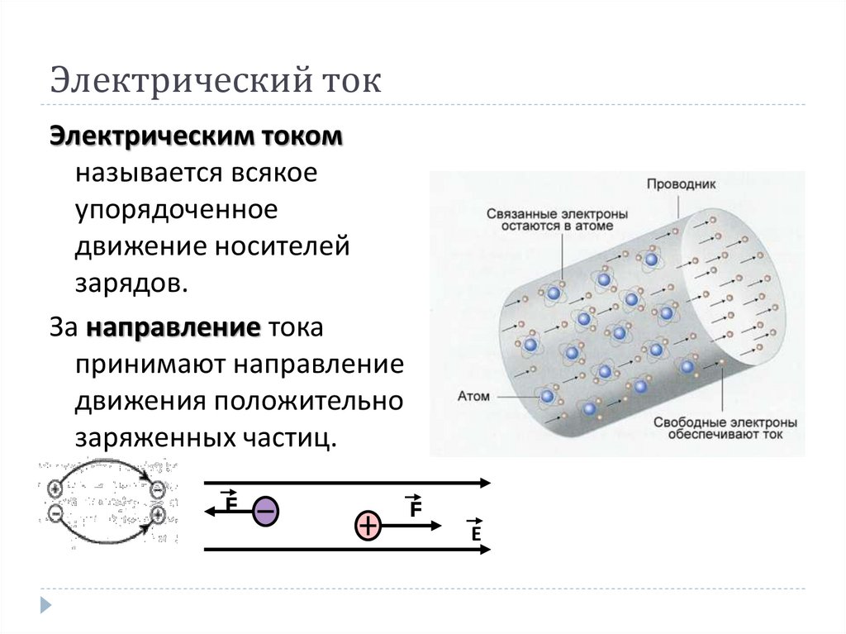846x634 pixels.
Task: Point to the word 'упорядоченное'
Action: pos(175,210)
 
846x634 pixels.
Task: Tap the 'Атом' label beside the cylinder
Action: pos(473,396)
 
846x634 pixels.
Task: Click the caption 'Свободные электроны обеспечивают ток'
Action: pos(725,427)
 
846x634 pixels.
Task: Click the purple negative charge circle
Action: pos(265,512)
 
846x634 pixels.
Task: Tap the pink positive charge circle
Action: pos(368,525)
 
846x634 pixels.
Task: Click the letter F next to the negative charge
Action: pos(231,501)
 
